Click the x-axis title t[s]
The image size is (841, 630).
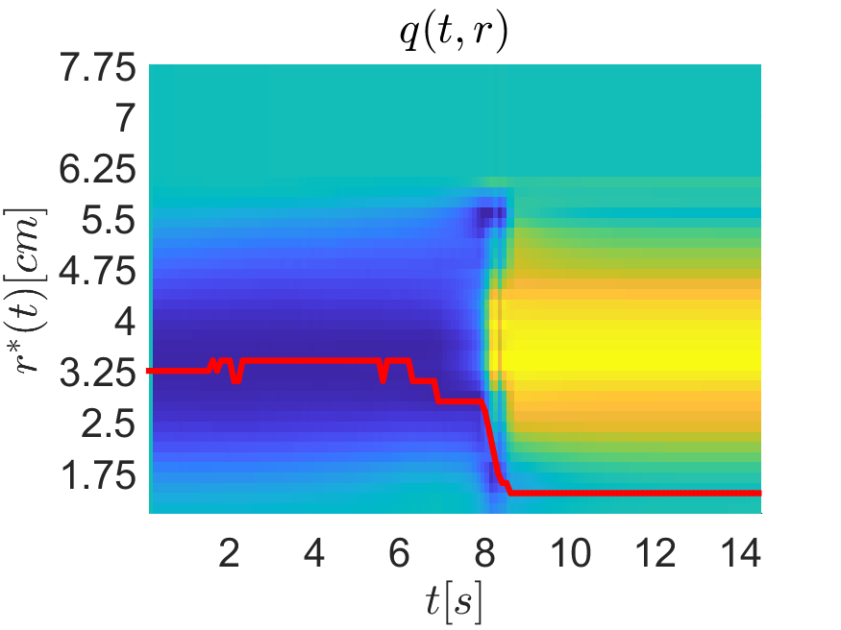[x=456, y=602]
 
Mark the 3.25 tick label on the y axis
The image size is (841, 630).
[x=101, y=372]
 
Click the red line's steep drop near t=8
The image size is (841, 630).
[x=491, y=442]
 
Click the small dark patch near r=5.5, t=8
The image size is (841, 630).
[x=491, y=219]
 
